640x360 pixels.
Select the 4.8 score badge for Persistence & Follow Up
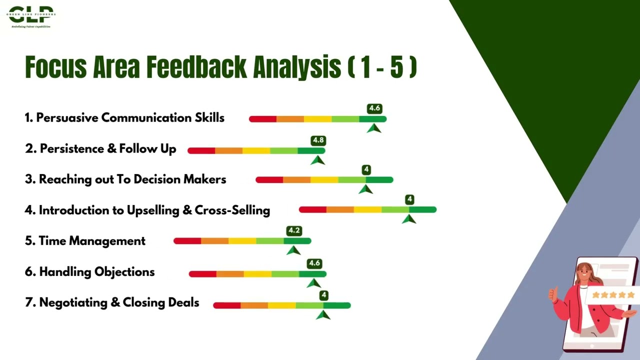[x=318, y=140]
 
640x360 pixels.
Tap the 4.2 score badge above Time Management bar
[x=294, y=231]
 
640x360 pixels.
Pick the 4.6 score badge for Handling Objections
[x=314, y=263]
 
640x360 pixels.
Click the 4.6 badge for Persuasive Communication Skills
[x=374, y=108]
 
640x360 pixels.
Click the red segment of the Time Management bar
[x=187, y=241]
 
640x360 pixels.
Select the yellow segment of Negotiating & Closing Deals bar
[x=282, y=305]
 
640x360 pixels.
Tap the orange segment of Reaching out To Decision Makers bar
[x=296, y=180]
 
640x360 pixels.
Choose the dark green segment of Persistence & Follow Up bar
[x=311, y=150]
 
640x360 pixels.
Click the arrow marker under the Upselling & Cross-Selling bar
[x=409, y=218]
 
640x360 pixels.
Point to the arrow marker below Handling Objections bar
[x=313, y=283]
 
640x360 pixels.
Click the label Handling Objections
[x=96, y=272]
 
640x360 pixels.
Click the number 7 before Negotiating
[x=28, y=303]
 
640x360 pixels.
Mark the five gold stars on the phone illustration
[x=612, y=295]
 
